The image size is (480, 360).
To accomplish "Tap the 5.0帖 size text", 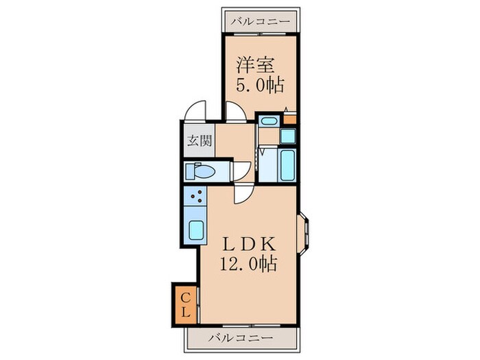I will tap(261, 86).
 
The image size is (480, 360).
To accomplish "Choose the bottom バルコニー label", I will tap(240, 338).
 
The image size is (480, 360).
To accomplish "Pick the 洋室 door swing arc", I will tap(237, 112).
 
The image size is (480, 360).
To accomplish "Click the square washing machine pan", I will tap(287, 136).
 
